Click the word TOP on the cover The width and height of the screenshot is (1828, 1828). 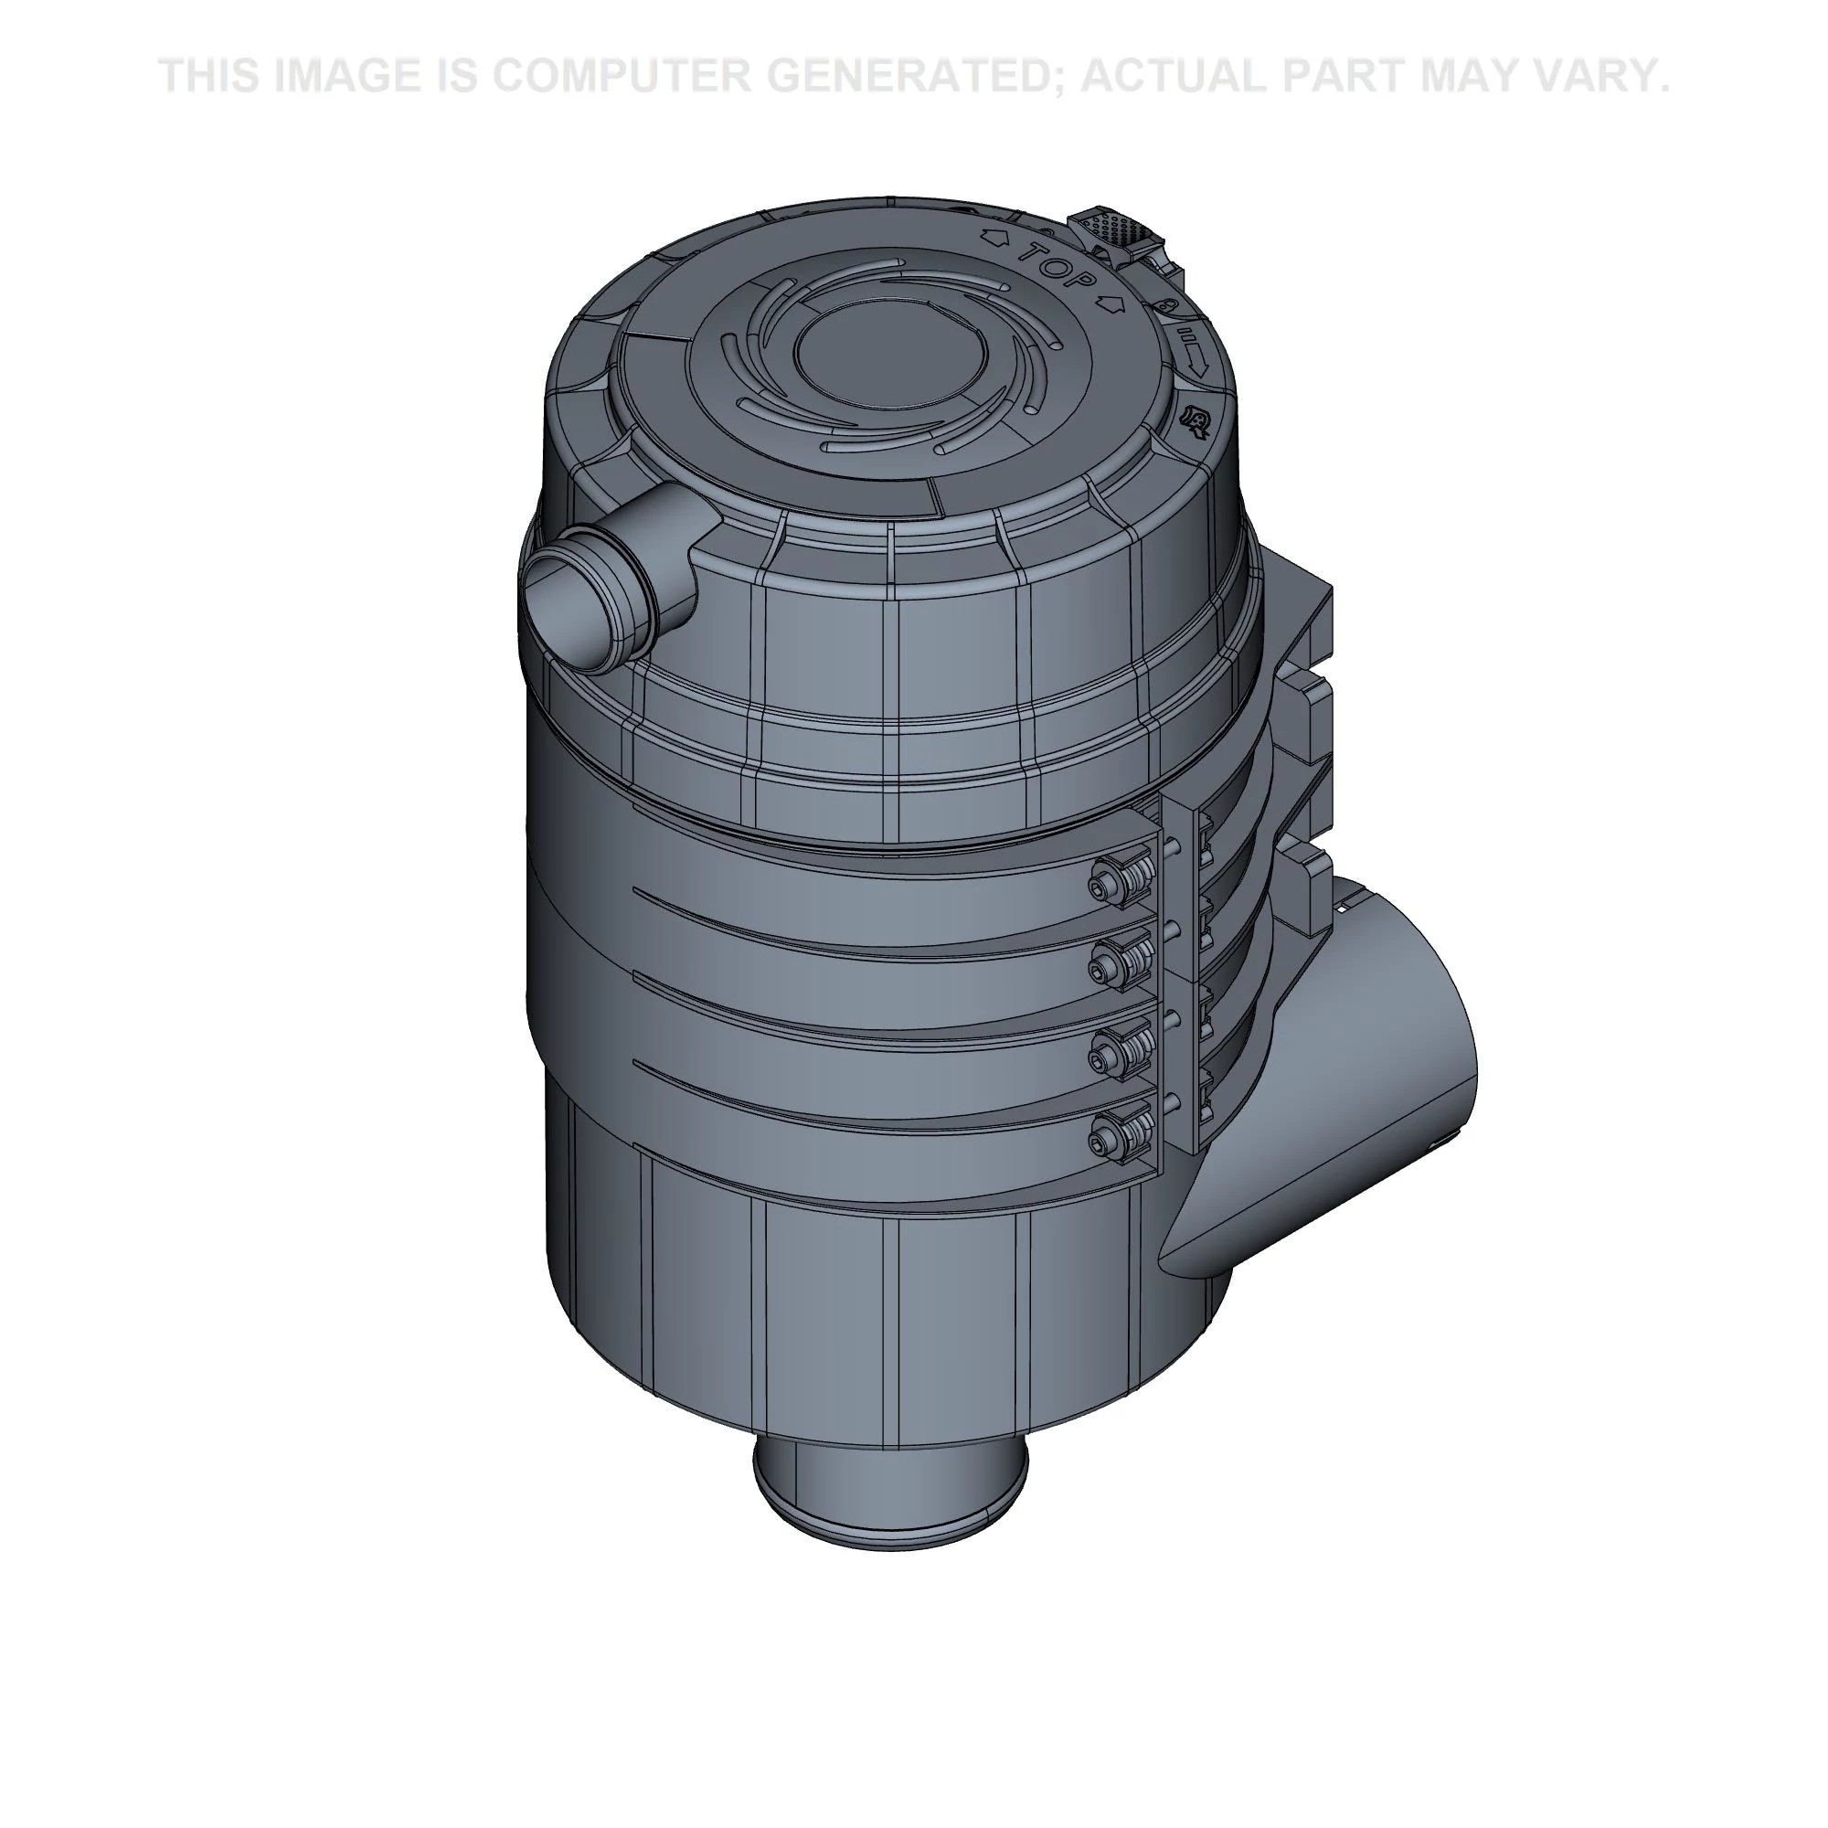point(1060,267)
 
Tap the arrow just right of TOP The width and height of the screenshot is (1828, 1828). point(1109,304)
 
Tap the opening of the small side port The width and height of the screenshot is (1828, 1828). point(565,606)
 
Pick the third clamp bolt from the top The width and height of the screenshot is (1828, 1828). point(1100,1051)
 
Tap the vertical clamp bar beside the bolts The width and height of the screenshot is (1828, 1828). point(1179,974)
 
